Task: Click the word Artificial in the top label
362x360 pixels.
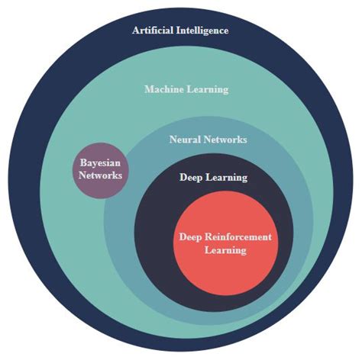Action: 151,31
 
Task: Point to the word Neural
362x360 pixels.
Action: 184,140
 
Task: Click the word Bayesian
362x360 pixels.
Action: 102,162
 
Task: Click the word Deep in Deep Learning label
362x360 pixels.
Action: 191,178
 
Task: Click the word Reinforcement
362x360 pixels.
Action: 236,237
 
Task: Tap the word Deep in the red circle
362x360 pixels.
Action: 190,237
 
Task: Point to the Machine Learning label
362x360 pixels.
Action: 186,89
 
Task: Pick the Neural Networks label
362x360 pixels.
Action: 207,140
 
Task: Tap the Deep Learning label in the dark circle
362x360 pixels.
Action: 212,178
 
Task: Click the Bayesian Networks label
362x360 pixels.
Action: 101,169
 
